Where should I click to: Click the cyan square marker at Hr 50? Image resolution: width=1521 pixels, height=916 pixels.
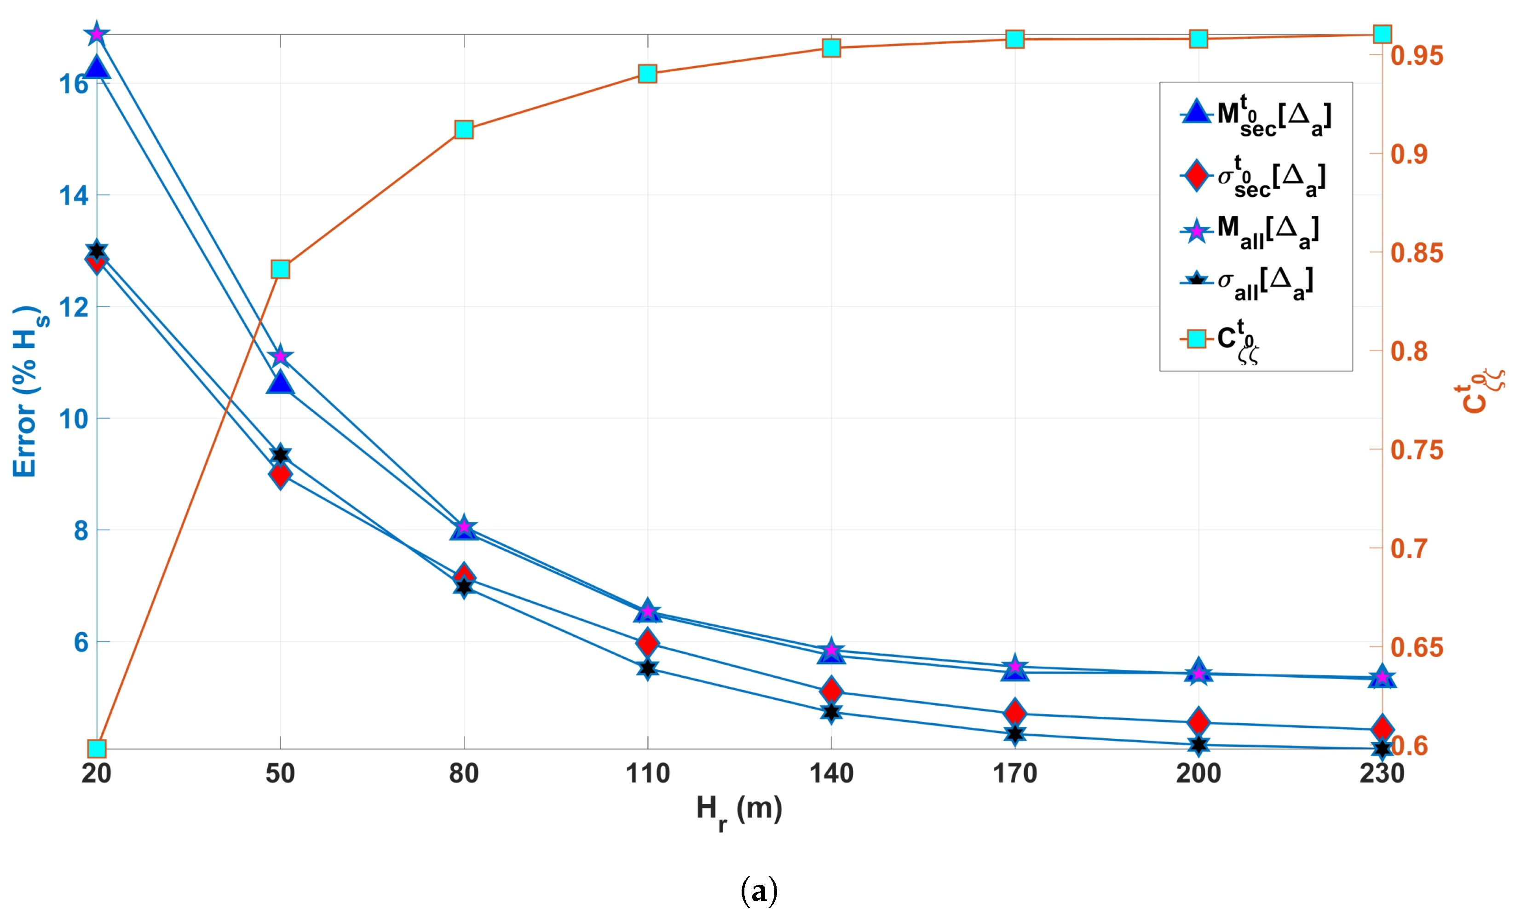tap(280, 269)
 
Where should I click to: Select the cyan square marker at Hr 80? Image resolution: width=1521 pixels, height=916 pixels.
tap(464, 130)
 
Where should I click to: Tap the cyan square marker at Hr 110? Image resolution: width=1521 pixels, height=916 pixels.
tap(647, 74)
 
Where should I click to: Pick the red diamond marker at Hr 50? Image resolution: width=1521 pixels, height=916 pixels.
tap(280, 475)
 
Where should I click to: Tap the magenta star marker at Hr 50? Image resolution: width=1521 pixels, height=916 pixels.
tap(280, 356)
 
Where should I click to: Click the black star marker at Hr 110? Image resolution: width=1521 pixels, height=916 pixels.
tap(647, 668)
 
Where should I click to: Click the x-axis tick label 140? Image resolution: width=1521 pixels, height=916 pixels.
tap(831, 773)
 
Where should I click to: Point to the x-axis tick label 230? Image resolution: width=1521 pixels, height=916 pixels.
tap(1382, 773)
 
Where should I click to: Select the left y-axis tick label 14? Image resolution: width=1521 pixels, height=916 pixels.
tap(74, 196)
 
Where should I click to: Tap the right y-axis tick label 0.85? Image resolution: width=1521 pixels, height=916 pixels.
tap(1417, 253)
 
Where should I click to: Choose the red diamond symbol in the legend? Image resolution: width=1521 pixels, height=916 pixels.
tap(1196, 176)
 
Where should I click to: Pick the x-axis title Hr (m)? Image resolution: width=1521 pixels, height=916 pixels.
tap(739, 811)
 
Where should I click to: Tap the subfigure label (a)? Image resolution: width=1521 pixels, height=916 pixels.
tap(759, 891)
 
